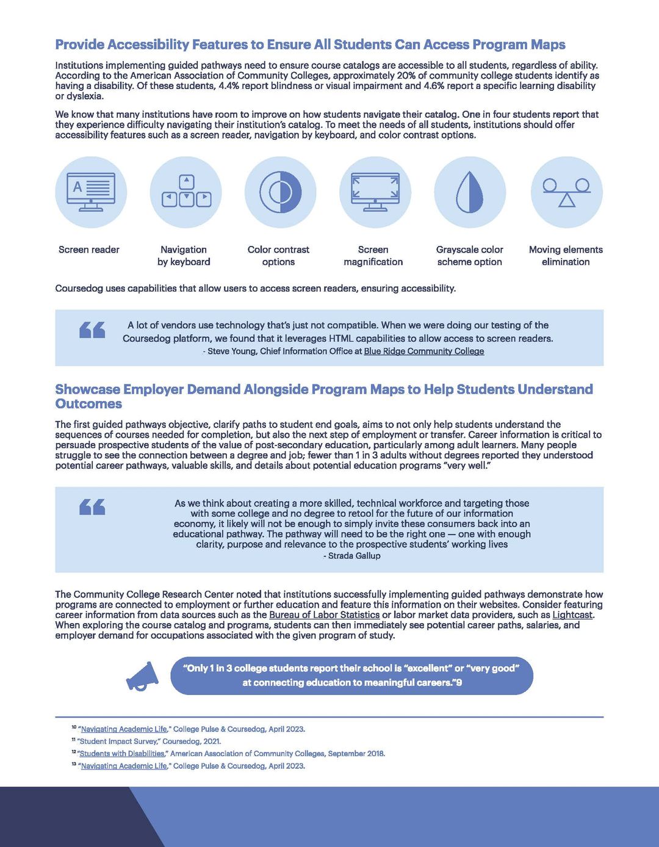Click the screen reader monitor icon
(91, 192)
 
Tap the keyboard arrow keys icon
(186, 192)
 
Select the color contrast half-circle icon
(281, 192)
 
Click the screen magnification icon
(375, 192)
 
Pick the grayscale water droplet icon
(470, 192)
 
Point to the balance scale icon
(567, 192)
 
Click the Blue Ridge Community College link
(423, 351)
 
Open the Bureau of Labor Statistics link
(324, 615)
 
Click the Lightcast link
(572, 615)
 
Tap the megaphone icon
(142, 676)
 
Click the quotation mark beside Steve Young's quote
(92, 330)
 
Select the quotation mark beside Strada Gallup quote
(92, 507)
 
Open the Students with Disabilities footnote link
(122, 754)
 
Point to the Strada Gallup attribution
(353, 556)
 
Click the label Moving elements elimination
(566, 256)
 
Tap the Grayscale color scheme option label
(469, 256)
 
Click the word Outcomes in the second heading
(88, 404)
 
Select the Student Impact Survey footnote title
(118, 741)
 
